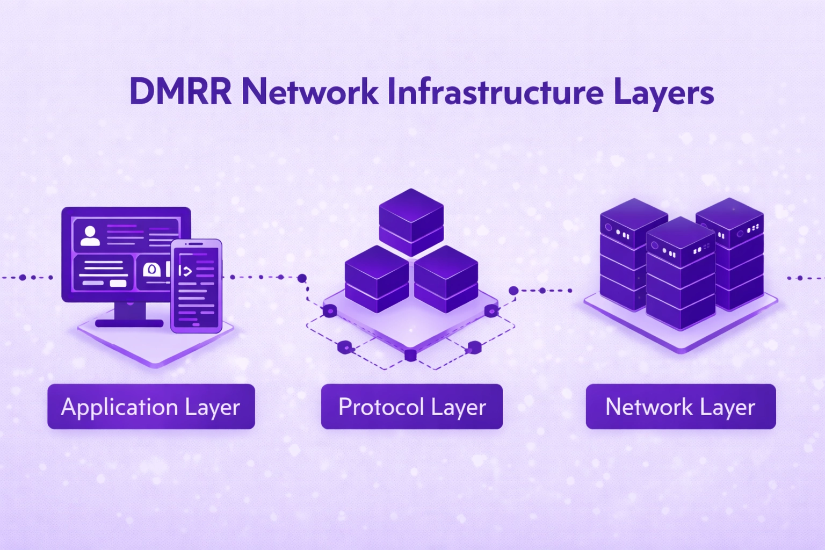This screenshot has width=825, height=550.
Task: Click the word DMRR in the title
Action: click(180, 92)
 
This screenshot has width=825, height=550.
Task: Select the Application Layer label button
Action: click(151, 407)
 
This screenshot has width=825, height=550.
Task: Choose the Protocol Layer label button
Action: click(412, 407)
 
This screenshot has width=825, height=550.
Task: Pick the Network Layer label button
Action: click(681, 407)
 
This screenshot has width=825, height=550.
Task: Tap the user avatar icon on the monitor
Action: click(90, 236)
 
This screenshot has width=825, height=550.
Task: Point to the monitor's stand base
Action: click(129, 323)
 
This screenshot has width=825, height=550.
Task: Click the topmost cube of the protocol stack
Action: click(411, 220)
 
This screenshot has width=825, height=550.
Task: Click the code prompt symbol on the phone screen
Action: click(185, 271)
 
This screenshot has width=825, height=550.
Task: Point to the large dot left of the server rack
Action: click(513, 291)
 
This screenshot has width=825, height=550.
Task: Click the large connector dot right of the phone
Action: click(302, 278)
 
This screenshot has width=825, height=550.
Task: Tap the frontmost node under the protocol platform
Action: click(410, 354)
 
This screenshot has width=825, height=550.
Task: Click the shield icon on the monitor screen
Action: click(152, 269)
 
